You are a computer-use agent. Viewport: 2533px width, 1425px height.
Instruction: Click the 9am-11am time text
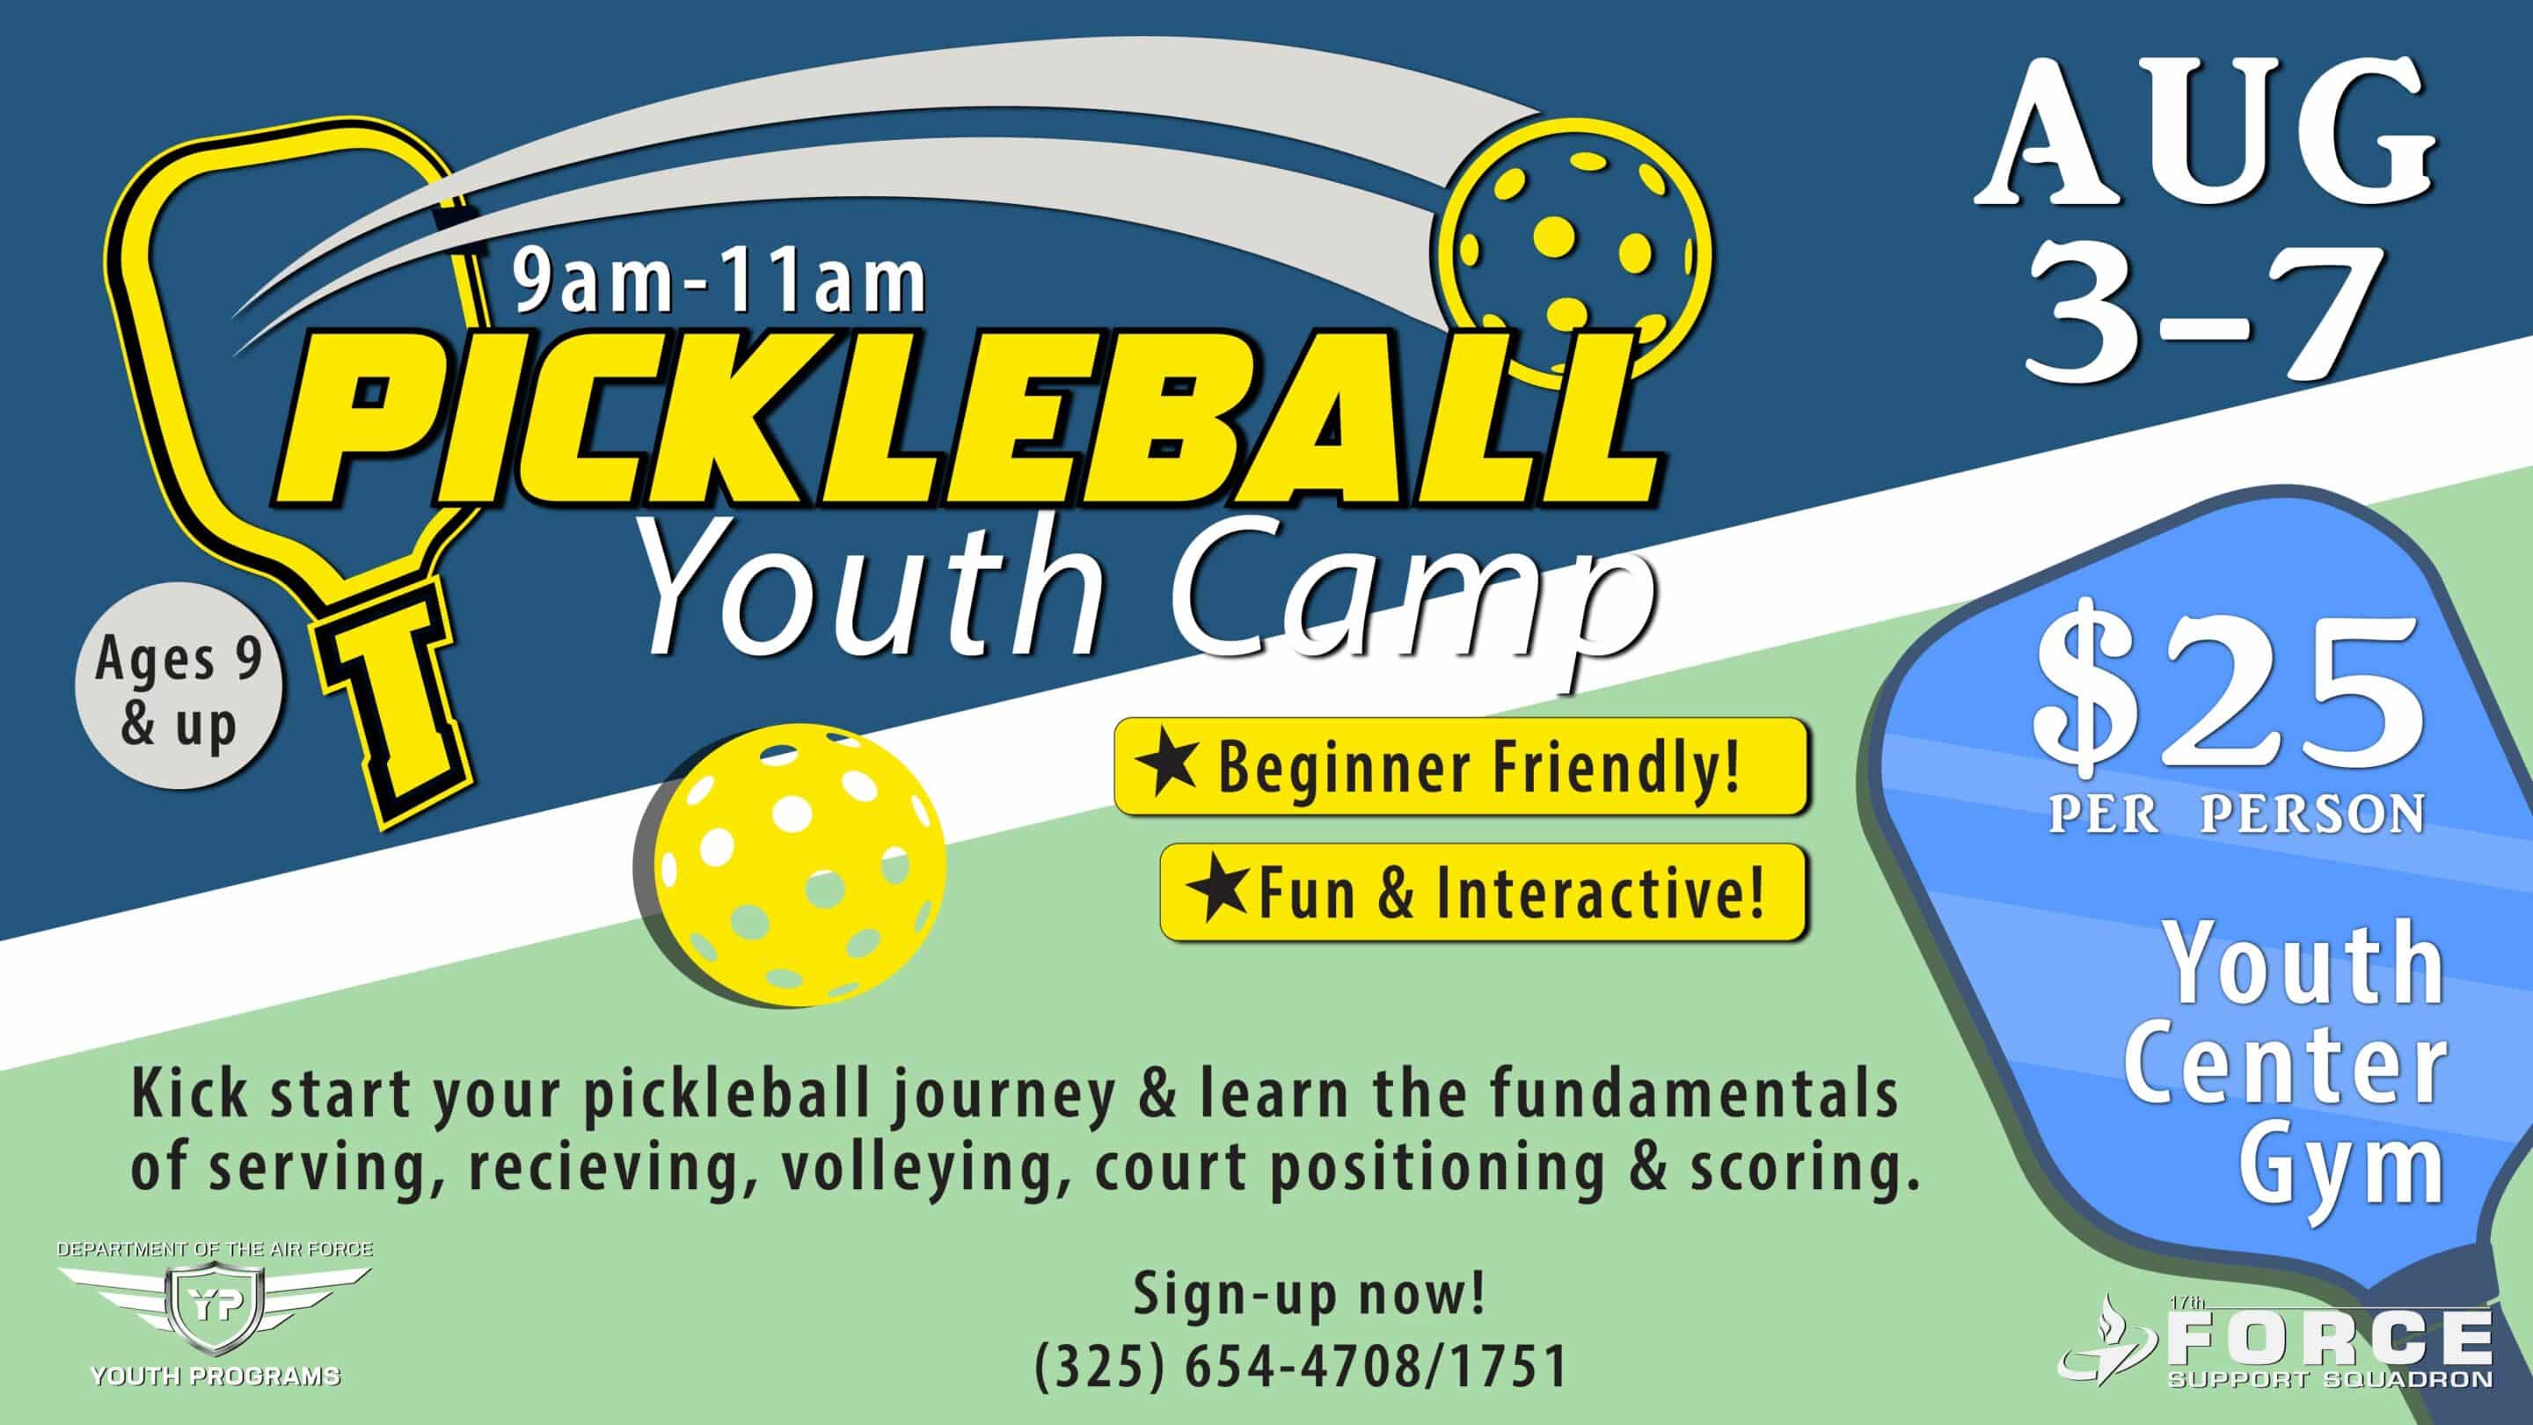[x=719, y=282]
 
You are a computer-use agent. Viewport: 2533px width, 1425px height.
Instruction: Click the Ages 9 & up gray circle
[x=179, y=686]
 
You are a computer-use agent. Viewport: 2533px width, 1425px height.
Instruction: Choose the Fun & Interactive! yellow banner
[x=1483, y=892]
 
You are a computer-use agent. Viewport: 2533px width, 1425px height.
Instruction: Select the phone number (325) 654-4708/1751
[x=1300, y=1368]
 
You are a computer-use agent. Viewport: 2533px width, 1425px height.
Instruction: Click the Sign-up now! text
[x=1310, y=1294]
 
